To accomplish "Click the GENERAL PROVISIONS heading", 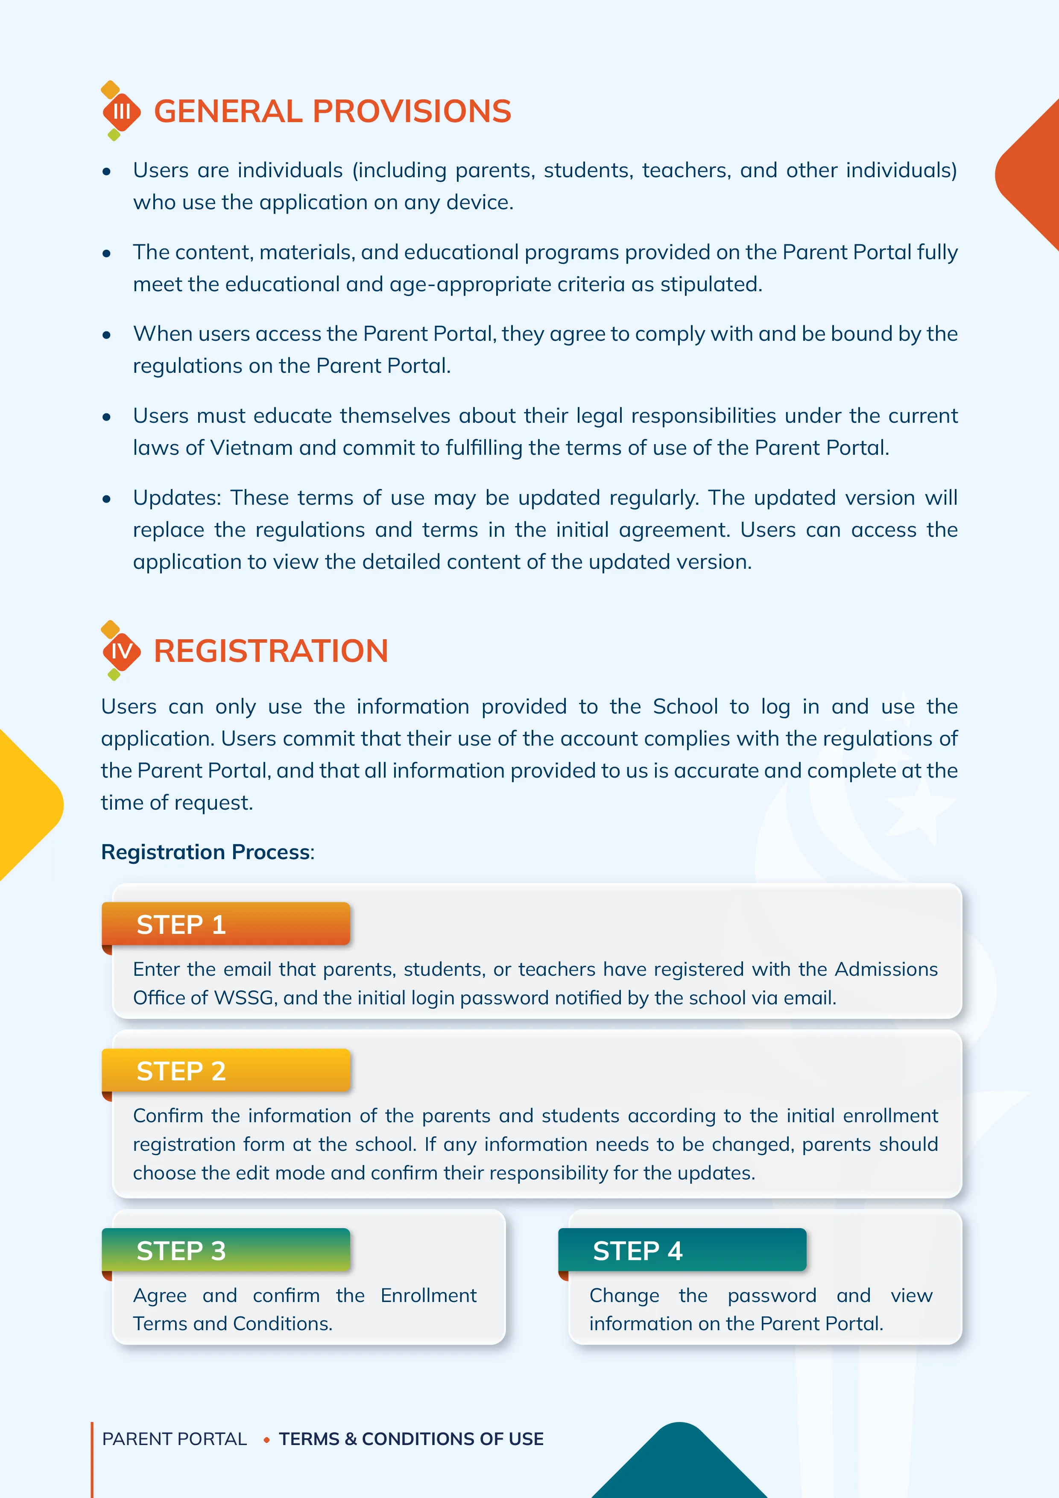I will pos(332,111).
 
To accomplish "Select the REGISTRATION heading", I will pos(271,651).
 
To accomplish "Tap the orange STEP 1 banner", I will pos(226,924).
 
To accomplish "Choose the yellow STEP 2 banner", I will pos(226,1071).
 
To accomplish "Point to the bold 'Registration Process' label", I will pos(205,852).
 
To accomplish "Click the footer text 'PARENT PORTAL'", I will pos(174,1439).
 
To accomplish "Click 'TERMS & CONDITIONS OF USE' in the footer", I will pos(411,1439).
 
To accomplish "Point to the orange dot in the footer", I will pos(266,1440).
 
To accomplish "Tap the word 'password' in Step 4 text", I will pos(772,1296).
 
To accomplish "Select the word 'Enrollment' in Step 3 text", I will pos(429,1295).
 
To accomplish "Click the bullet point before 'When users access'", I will pos(106,335).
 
